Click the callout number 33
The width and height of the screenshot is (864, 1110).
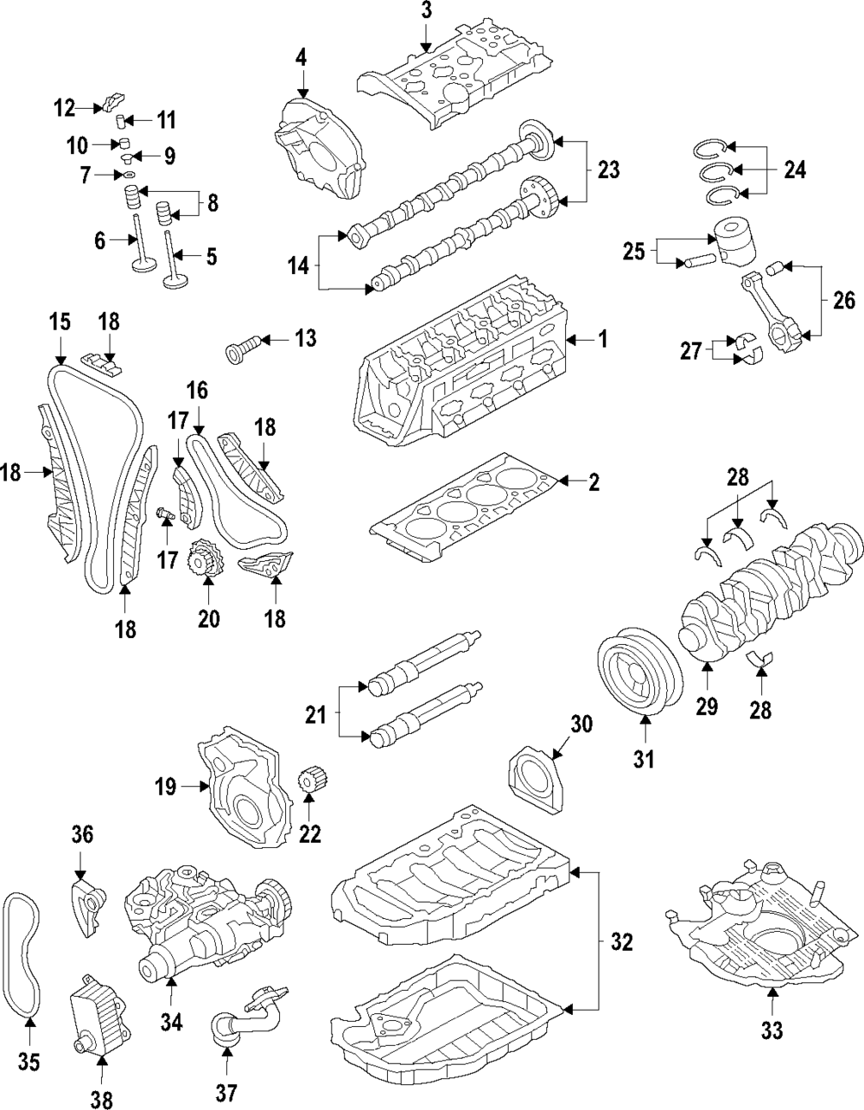[x=772, y=1030]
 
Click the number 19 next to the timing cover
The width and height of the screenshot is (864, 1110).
[x=166, y=787]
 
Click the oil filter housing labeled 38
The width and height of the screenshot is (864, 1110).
[x=92, y=1011]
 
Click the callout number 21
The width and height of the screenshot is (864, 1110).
[x=315, y=715]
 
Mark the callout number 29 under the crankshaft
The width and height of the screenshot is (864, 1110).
[x=707, y=706]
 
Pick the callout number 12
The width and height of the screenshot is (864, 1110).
[x=64, y=108]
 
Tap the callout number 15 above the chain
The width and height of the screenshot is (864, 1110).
[x=59, y=323]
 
